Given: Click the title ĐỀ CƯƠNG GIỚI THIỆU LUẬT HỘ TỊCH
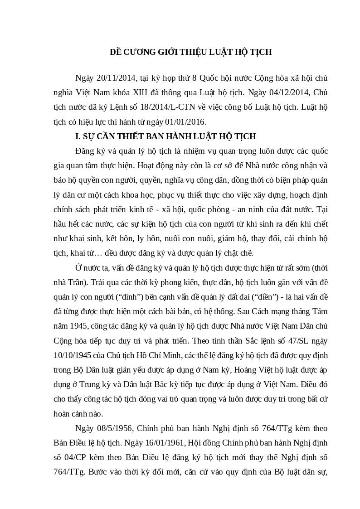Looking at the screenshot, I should [190, 52].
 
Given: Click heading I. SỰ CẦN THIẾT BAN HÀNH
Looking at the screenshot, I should [165, 136].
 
